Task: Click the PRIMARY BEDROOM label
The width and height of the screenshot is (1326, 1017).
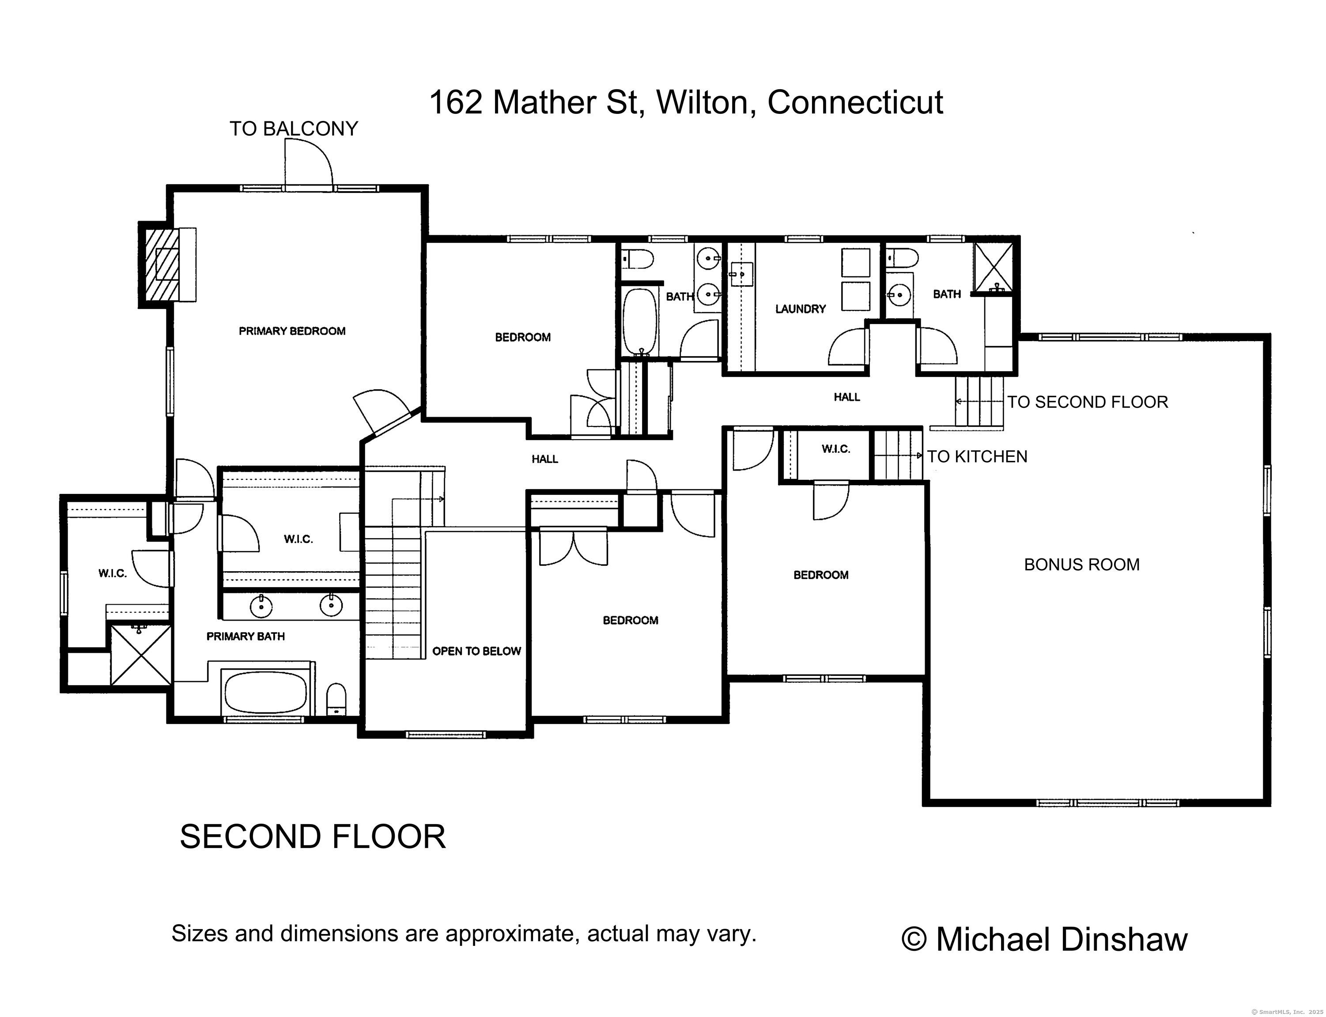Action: [292, 331]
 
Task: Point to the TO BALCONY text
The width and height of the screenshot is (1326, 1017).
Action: [294, 128]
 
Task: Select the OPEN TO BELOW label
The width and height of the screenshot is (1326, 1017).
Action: [476, 652]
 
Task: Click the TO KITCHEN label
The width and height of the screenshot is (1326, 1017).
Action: [977, 456]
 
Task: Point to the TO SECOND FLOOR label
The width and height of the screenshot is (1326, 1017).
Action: [1088, 402]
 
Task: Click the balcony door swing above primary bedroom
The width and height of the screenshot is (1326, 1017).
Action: [308, 162]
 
